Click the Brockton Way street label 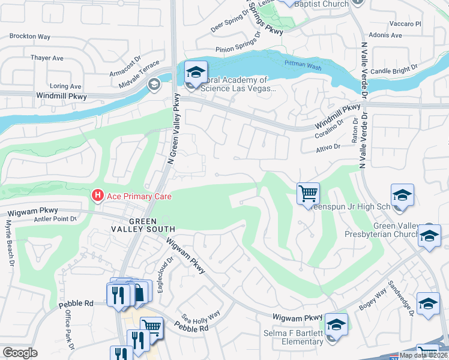tap(29, 37)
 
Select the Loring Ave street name tap(65, 86)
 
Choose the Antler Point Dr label tap(57, 218)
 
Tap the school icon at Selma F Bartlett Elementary tap(337, 325)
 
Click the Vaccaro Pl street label tap(406, 24)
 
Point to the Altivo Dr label tap(328, 146)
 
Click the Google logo tap(20, 353)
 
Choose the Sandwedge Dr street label tap(400, 297)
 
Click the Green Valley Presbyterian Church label tap(394, 230)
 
